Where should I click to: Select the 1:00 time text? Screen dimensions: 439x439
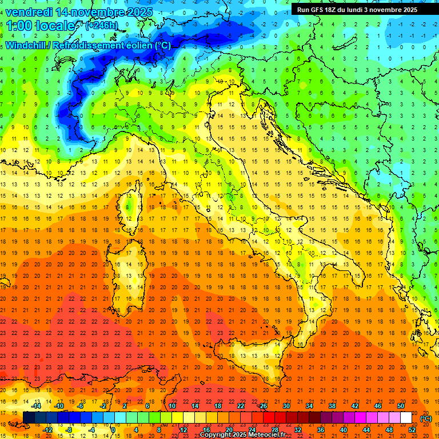pos(19,26)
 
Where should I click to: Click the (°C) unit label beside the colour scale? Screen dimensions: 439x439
pos(425,418)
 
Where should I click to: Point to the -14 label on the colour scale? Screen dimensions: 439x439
pos(36,406)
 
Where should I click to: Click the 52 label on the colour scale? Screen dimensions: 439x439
pos(412,430)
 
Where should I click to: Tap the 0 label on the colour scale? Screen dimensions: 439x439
pos(113,430)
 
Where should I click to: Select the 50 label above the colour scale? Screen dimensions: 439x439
pos(400,406)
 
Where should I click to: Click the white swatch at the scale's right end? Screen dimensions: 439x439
pos(406,418)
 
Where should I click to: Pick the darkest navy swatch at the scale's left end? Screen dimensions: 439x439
pos(29,418)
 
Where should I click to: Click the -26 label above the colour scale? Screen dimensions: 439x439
pos(262,406)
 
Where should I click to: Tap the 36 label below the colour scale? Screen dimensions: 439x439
pos(320,430)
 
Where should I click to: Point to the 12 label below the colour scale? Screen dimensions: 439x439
pos(183,430)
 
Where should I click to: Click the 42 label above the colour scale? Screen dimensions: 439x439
pos(354,406)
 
